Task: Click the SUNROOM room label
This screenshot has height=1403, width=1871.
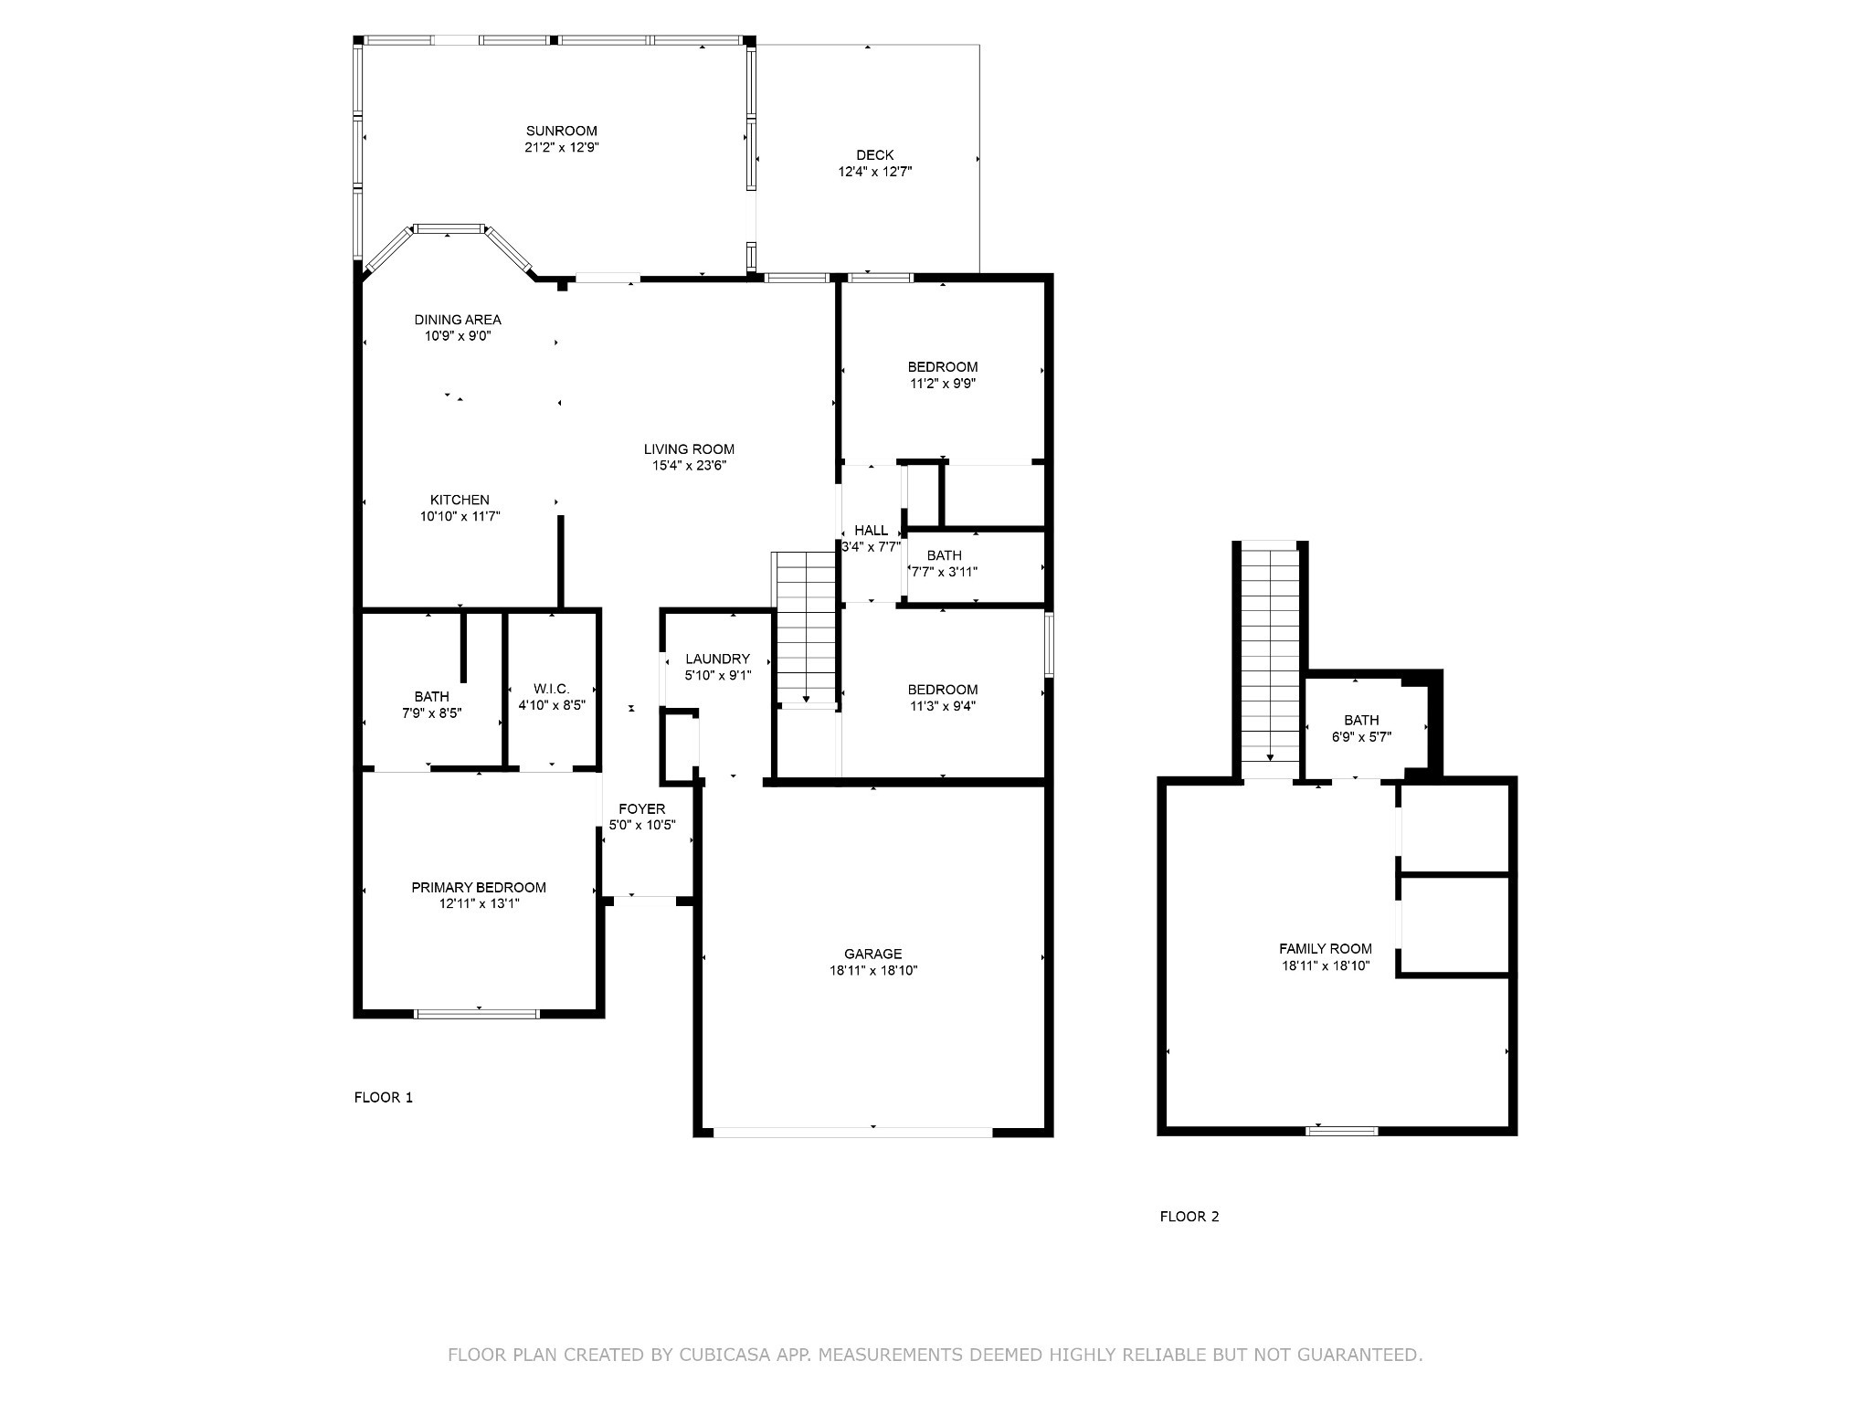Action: (561, 131)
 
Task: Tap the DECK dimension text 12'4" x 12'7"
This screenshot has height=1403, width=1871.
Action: (874, 172)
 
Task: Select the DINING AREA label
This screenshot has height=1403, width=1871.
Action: (458, 320)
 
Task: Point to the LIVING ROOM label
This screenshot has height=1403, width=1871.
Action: (689, 449)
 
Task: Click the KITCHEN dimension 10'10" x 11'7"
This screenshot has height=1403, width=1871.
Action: (460, 517)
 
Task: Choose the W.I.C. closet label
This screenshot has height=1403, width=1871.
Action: (551, 689)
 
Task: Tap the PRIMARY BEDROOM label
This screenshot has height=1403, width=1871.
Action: (478, 888)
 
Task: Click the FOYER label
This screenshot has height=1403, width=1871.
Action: (641, 809)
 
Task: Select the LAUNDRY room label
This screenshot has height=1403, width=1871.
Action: (717, 659)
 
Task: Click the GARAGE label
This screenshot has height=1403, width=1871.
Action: (872, 955)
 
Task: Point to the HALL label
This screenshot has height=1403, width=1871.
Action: (871, 531)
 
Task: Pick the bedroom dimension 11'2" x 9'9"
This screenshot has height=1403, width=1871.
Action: (942, 385)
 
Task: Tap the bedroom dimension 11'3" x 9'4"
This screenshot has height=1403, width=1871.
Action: (942, 706)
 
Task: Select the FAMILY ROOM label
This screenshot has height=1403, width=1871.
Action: (1325, 949)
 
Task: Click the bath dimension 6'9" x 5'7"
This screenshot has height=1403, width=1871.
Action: (1361, 737)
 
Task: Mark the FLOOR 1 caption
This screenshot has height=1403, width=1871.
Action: (383, 1098)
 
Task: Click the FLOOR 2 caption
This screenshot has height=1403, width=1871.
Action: (1189, 1217)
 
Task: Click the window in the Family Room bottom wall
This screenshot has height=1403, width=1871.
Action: (1341, 1131)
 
